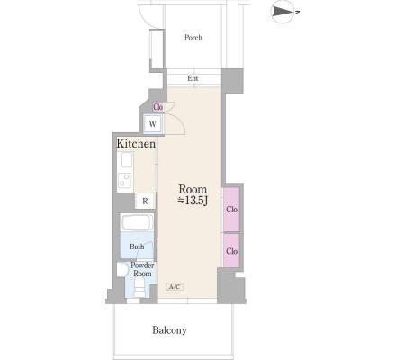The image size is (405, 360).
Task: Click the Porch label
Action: [193, 38]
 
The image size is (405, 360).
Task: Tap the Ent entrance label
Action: [193, 78]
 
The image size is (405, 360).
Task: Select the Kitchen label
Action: [136, 143]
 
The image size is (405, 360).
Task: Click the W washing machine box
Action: [153, 123]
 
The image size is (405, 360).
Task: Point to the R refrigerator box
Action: [145, 201]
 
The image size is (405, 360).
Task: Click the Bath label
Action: [137, 247]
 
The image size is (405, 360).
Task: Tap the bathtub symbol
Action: [138, 222]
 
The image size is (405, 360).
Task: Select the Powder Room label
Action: [142, 269]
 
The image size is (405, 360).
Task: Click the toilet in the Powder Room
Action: [139, 287]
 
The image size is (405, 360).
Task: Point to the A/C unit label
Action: [175, 287]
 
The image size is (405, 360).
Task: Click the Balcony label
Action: [169, 330]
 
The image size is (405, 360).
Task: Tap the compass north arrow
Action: [283, 12]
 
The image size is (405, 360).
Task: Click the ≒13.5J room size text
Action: [193, 201]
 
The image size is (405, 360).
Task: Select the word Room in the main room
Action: [193, 189]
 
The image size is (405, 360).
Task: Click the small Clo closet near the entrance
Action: [157, 107]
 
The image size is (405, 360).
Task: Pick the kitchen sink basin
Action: [127, 160]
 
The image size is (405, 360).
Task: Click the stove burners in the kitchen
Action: [125, 180]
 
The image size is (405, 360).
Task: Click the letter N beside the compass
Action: [298, 13]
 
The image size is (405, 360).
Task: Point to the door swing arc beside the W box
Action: [179, 123]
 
